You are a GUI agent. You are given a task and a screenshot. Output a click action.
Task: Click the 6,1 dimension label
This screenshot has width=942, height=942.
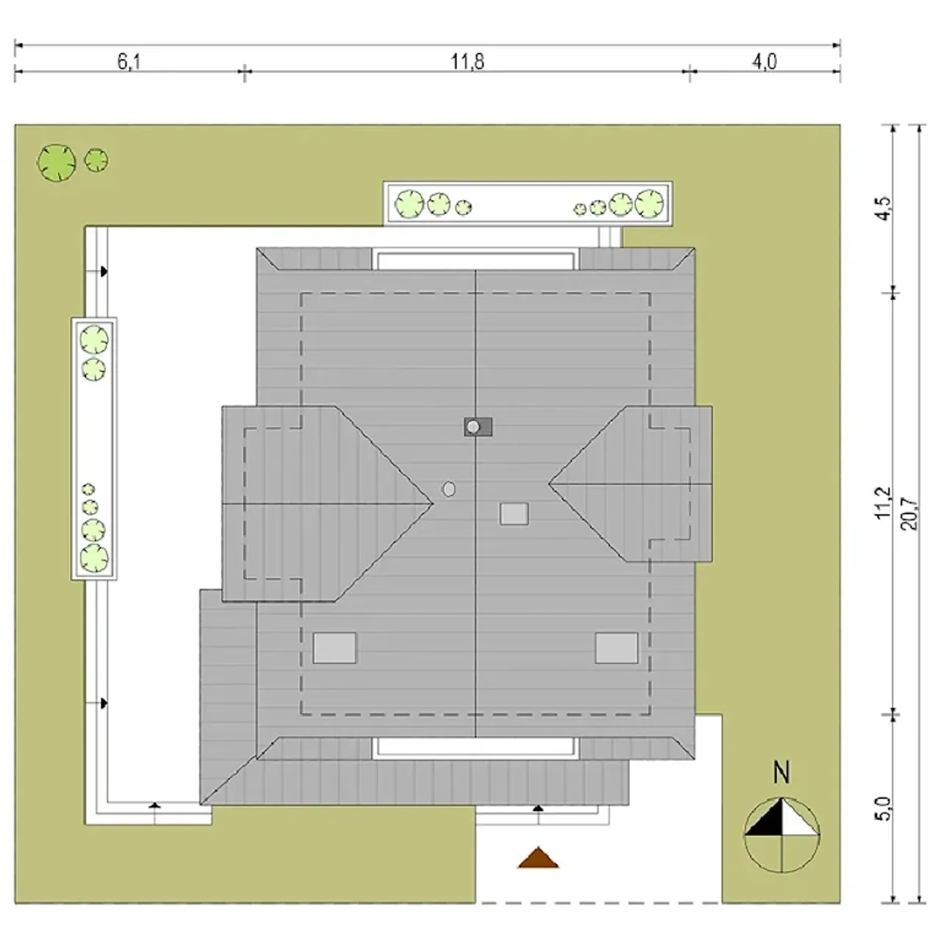tap(129, 62)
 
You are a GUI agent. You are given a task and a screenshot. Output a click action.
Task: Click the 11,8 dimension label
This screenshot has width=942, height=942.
tap(467, 62)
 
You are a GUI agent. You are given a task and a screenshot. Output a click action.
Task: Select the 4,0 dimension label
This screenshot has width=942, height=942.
tap(764, 62)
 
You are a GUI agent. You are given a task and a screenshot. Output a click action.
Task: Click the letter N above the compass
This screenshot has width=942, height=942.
tap(782, 773)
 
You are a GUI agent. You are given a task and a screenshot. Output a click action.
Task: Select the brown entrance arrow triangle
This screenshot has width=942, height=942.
tap(538, 859)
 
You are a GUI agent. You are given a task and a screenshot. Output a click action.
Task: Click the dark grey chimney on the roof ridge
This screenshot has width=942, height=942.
tap(478, 427)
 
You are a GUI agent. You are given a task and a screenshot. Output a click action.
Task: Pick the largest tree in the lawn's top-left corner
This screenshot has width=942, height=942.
tap(56, 163)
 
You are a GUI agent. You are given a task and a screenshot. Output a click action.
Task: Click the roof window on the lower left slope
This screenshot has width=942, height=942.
tap(334, 648)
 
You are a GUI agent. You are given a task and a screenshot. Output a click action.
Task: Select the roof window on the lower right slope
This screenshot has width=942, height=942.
tap(617, 648)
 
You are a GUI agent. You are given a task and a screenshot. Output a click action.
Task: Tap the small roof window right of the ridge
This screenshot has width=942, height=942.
tap(514, 514)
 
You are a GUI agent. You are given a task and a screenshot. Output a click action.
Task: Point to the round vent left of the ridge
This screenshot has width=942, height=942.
tap(449, 489)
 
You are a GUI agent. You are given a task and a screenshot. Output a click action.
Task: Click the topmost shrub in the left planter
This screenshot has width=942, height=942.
tap(94, 340)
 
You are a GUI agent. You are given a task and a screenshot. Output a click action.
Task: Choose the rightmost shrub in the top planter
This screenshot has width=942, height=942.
tap(649, 203)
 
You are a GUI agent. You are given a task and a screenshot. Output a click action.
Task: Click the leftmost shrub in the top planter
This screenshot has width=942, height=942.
tap(409, 205)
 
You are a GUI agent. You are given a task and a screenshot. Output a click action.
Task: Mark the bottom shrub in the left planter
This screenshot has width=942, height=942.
tap(94, 559)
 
